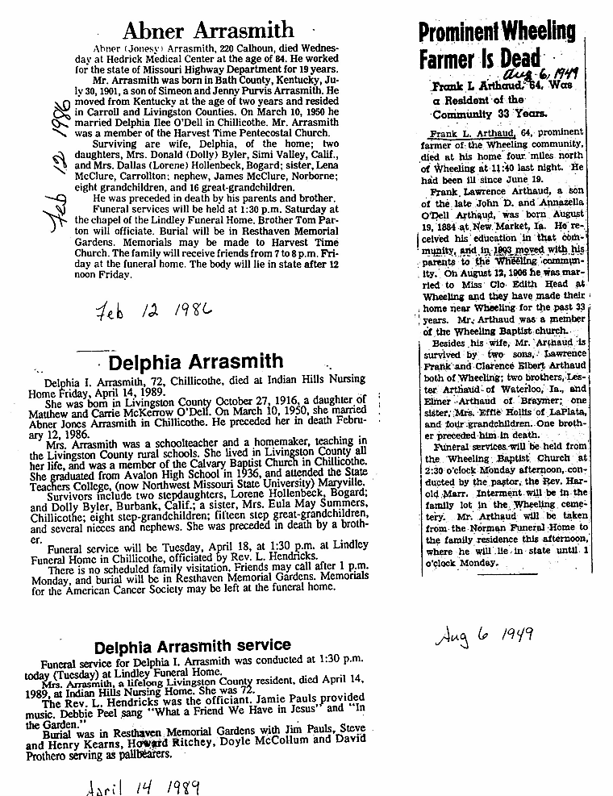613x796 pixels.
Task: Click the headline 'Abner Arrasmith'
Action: [x=208, y=31]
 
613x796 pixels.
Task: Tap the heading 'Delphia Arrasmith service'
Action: [x=192, y=646]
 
